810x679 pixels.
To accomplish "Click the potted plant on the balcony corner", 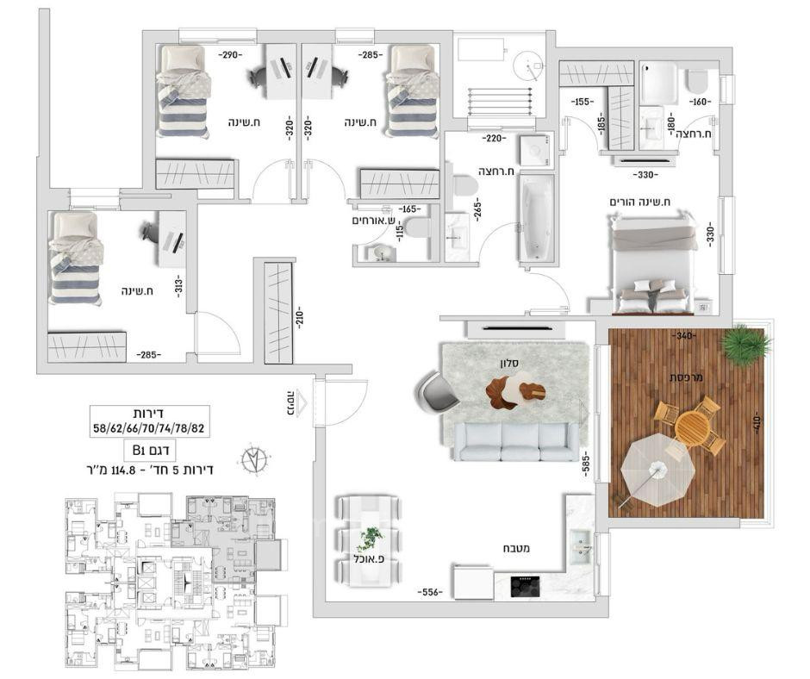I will [x=745, y=346].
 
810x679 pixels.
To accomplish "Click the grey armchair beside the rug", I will [x=441, y=389].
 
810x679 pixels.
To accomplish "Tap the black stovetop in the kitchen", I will [x=523, y=585].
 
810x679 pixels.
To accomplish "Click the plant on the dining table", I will [x=371, y=539].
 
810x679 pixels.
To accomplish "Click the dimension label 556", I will [x=431, y=593].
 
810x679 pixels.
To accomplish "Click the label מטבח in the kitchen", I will [x=516, y=548].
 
